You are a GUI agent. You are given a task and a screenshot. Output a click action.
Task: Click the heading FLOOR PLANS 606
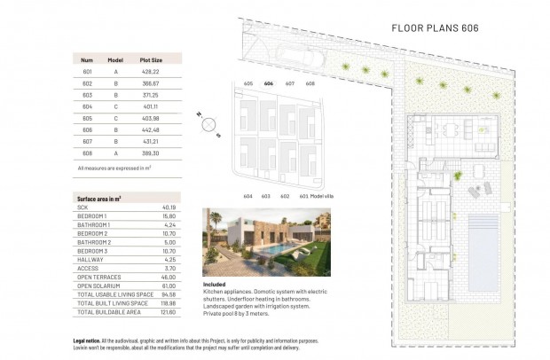435,28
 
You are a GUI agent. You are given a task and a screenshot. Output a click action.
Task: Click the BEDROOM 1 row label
92,216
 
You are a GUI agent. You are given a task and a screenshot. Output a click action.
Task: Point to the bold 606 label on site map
269,82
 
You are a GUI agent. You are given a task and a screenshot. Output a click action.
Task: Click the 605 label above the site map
248,82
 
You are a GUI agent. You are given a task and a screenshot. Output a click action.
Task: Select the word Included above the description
216,285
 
